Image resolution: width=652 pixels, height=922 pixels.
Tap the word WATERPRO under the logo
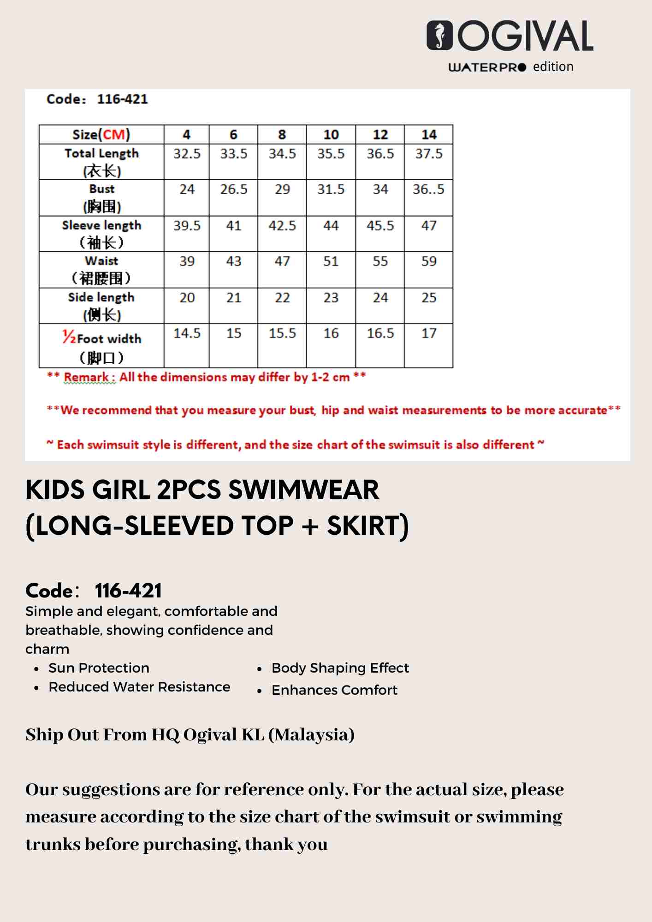point(487,67)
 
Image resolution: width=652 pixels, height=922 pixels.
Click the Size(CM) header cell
point(101,135)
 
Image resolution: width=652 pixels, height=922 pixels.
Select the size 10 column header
point(331,135)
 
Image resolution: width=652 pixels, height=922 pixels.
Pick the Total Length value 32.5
point(187,154)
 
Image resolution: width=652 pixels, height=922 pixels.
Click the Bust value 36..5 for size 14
point(428,189)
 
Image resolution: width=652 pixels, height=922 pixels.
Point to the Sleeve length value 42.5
point(282,225)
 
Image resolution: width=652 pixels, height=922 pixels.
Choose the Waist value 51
point(331,261)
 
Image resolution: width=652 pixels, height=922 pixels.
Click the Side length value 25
point(428,298)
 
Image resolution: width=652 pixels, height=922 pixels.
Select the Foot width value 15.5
point(282,333)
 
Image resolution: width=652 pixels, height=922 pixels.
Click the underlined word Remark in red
point(87,377)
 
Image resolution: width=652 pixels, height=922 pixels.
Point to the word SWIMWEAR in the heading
point(303,490)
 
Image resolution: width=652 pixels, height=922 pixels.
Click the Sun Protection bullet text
point(99,668)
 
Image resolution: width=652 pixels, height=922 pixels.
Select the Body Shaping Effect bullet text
point(340,668)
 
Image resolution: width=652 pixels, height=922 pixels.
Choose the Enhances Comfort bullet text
point(334,690)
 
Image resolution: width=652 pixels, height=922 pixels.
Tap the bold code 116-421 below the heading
point(128,591)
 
